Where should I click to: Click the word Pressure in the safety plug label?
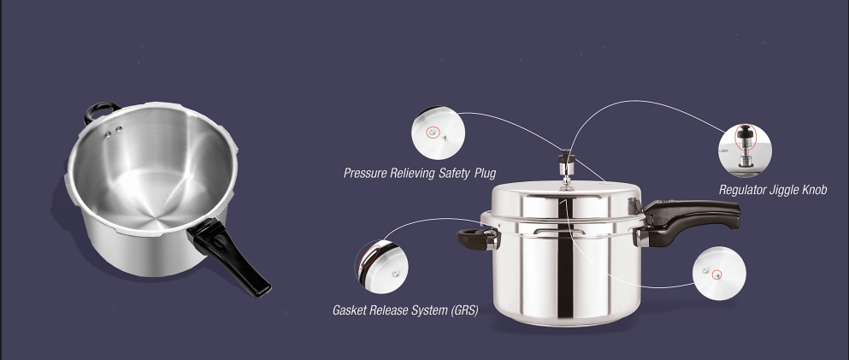pos(365,174)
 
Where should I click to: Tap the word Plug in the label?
pos(485,174)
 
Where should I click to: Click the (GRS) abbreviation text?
pos(463,310)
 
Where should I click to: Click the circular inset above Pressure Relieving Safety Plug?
pos(438,133)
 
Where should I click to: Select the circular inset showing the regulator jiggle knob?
pos(745,150)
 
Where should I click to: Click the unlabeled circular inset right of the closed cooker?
pos(719,274)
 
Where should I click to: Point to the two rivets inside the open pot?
pos(113,132)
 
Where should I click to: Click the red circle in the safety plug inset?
pos(432,132)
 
